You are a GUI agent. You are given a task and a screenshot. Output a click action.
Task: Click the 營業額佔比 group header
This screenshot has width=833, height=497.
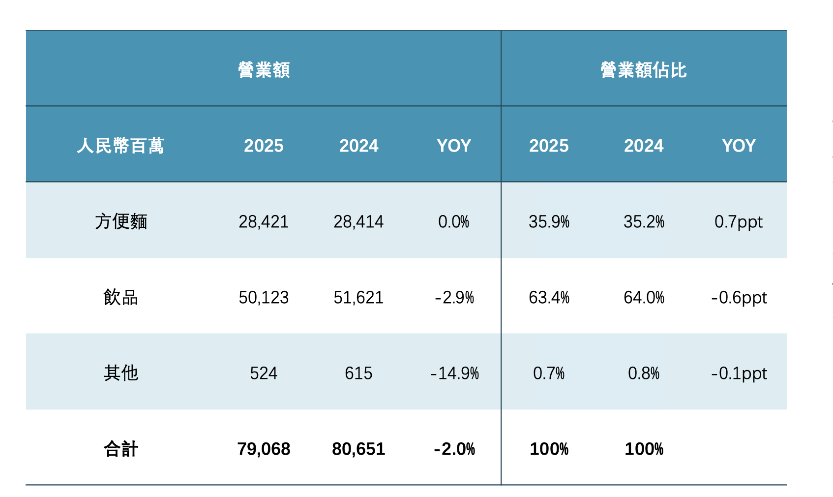coord(643,70)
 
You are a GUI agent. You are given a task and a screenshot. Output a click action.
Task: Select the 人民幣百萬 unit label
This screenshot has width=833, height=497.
coord(120,146)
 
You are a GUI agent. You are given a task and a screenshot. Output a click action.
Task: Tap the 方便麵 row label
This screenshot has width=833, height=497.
coord(121,221)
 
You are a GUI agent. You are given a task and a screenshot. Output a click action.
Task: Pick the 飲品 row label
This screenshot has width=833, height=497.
coord(121,297)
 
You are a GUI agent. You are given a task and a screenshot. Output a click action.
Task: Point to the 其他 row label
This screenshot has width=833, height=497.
coord(121,373)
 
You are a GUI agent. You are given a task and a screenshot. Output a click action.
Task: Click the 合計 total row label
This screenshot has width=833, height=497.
coord(121,449)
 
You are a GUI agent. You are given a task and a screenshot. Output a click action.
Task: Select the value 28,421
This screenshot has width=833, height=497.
coord(264,221)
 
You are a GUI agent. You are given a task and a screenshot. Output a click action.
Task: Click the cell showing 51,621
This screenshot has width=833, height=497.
coord(358,297)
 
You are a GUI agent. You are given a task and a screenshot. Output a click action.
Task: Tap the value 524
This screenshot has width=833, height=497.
coord(264,373)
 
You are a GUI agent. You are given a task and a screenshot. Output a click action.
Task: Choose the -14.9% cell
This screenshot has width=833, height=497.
coord(454,373)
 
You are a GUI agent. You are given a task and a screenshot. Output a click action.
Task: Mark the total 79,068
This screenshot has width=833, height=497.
coord(264,449)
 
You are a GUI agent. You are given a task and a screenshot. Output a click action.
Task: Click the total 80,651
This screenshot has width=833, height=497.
coord(358,449)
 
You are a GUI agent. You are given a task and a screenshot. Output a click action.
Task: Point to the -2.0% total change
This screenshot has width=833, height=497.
coord(454,449)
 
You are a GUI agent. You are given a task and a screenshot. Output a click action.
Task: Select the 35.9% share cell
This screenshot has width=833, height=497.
coord(549,221)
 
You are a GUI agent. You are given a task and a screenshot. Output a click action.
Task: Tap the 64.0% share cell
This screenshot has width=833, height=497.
coord(644,297)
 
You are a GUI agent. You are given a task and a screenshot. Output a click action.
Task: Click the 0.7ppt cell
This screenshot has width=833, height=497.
coord(739,221)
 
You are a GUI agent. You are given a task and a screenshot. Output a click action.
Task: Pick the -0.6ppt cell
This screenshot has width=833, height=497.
coord(739,297)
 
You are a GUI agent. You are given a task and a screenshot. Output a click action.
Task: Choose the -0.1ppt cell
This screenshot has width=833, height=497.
coord(739,373)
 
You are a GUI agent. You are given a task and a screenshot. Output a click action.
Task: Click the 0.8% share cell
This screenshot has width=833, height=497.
coord(644,373)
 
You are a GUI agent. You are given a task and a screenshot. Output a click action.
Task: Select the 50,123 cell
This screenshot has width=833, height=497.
coord(264,297)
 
